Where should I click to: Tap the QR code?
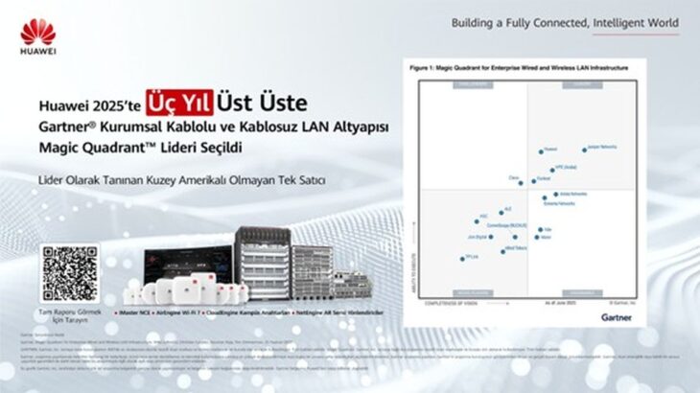(70, 274)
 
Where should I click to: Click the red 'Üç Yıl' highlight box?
(179, 103)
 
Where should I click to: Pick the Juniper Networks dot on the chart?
(584, 150)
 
